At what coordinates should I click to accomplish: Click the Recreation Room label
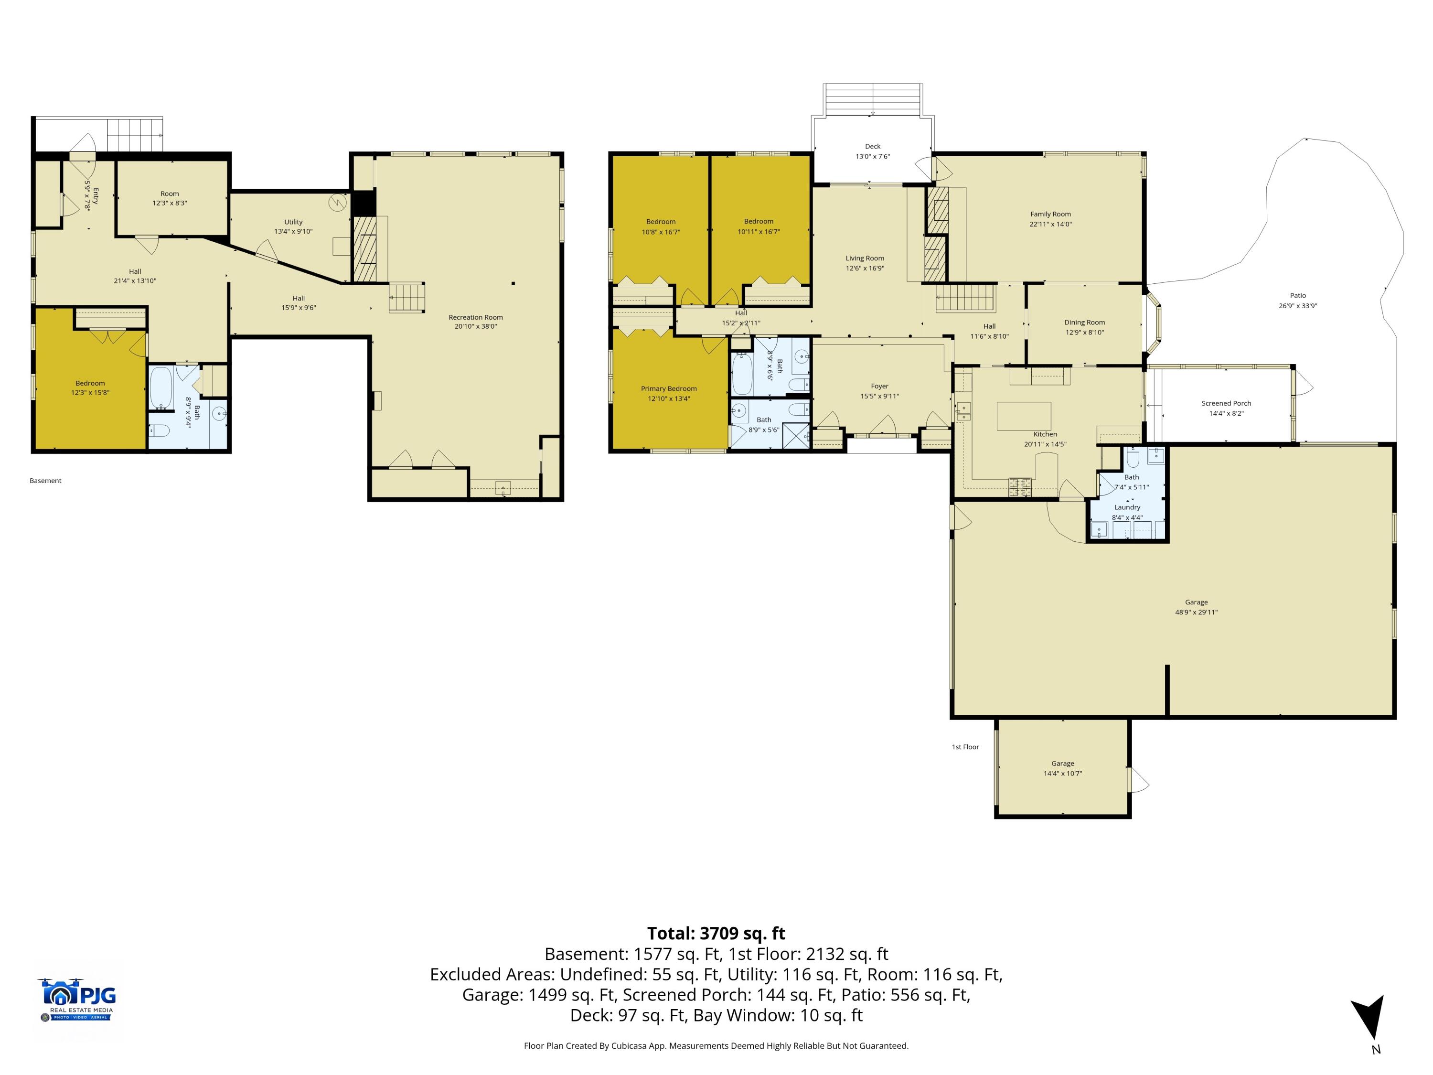coord(475,318)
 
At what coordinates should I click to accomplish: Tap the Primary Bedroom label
coord(669,389)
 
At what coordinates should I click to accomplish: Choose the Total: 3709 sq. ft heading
coord(716,933)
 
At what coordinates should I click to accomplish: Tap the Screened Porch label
coord(1226,403)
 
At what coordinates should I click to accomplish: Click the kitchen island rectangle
coord(1024,416)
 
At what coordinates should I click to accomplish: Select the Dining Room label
coord(1084,322)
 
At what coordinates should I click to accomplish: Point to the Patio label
coord(1298,295)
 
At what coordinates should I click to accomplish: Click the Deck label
coord(873,147)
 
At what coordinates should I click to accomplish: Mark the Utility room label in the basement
coord(293,222)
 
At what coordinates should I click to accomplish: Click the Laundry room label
coord(1127,507)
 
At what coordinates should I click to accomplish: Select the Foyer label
coord(880,386)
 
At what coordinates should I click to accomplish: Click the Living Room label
coord(865,258)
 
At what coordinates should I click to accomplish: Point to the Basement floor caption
coord(45,481)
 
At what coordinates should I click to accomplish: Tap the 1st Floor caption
coord(965,747)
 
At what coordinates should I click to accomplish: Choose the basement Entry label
coord(96,196)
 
